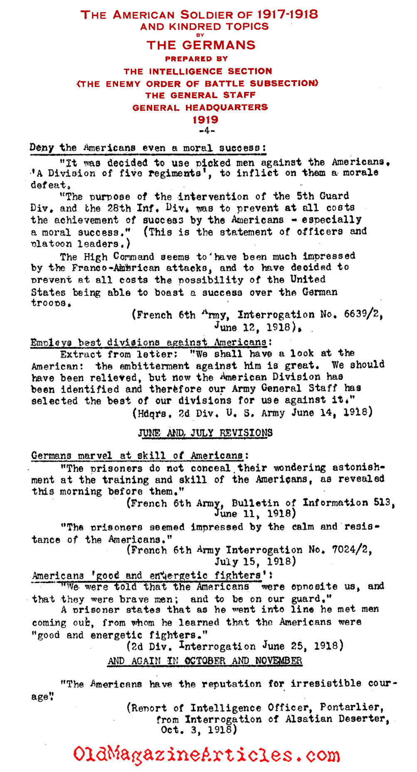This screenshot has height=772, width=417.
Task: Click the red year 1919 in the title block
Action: (205, 120)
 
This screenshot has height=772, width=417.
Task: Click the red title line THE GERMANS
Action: (201, 45)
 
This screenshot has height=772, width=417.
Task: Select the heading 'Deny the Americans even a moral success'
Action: (148, 148)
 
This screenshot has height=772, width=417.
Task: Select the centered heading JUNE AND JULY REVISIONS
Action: (205, 433)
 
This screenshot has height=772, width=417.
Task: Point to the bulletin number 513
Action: (382, 502)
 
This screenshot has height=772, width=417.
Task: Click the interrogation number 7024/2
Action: (351, 550)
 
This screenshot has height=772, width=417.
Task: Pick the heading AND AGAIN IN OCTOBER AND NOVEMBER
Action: (205, 661)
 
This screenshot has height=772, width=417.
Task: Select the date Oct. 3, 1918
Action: (199, 730)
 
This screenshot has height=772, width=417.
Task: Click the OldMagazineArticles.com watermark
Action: (207, 755)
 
